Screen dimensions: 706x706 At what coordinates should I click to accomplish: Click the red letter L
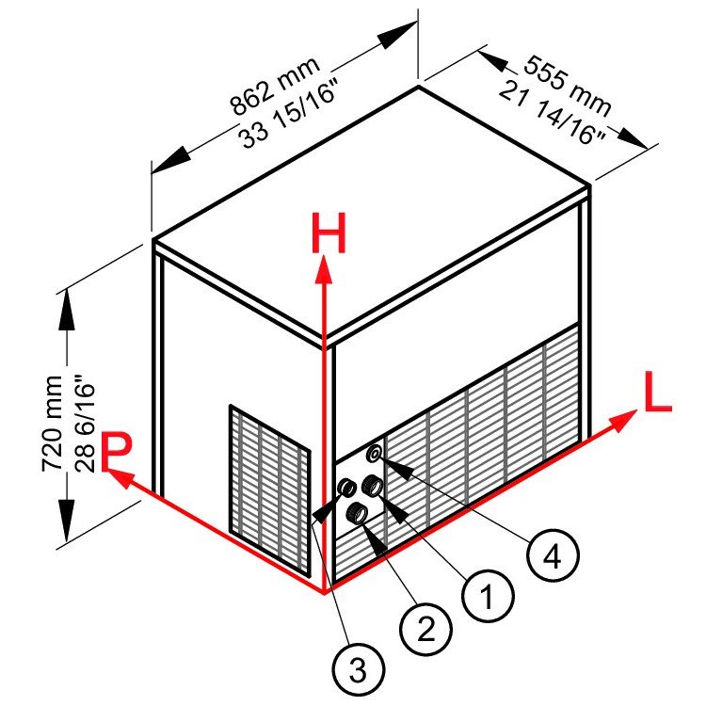[x=657, y=392]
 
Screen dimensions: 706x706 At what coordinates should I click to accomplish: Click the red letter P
[x=117, y=451]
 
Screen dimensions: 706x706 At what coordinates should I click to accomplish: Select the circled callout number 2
[x=425, y=629]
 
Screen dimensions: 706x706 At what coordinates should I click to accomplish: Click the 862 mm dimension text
[x=275, y=86]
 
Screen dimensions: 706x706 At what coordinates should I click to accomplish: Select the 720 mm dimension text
[x=52, y=424]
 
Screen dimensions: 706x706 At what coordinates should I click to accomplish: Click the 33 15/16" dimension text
[x=289, y=114]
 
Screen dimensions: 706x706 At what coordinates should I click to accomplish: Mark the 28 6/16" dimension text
[x=84, y=427]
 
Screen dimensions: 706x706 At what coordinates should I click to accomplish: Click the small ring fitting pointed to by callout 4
[x=375, y=453]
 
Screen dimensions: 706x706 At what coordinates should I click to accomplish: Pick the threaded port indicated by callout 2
[x=355, y=514]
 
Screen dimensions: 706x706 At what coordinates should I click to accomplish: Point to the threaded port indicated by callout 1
[x=373, y=486]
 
